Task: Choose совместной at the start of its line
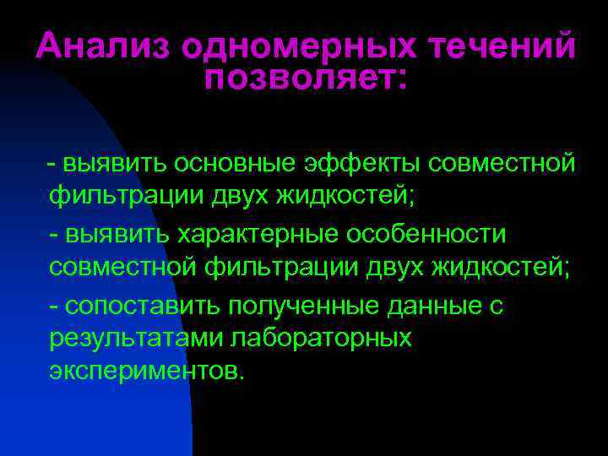point(122,269)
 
